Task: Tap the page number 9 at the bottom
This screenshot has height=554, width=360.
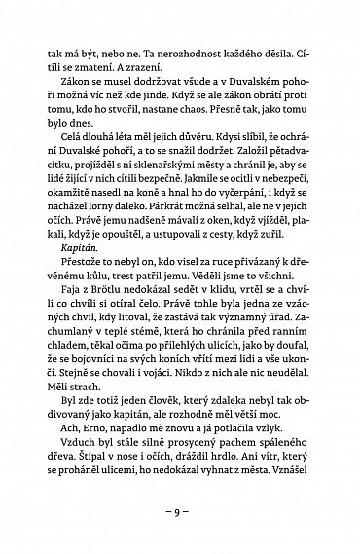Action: coord(181,510)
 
